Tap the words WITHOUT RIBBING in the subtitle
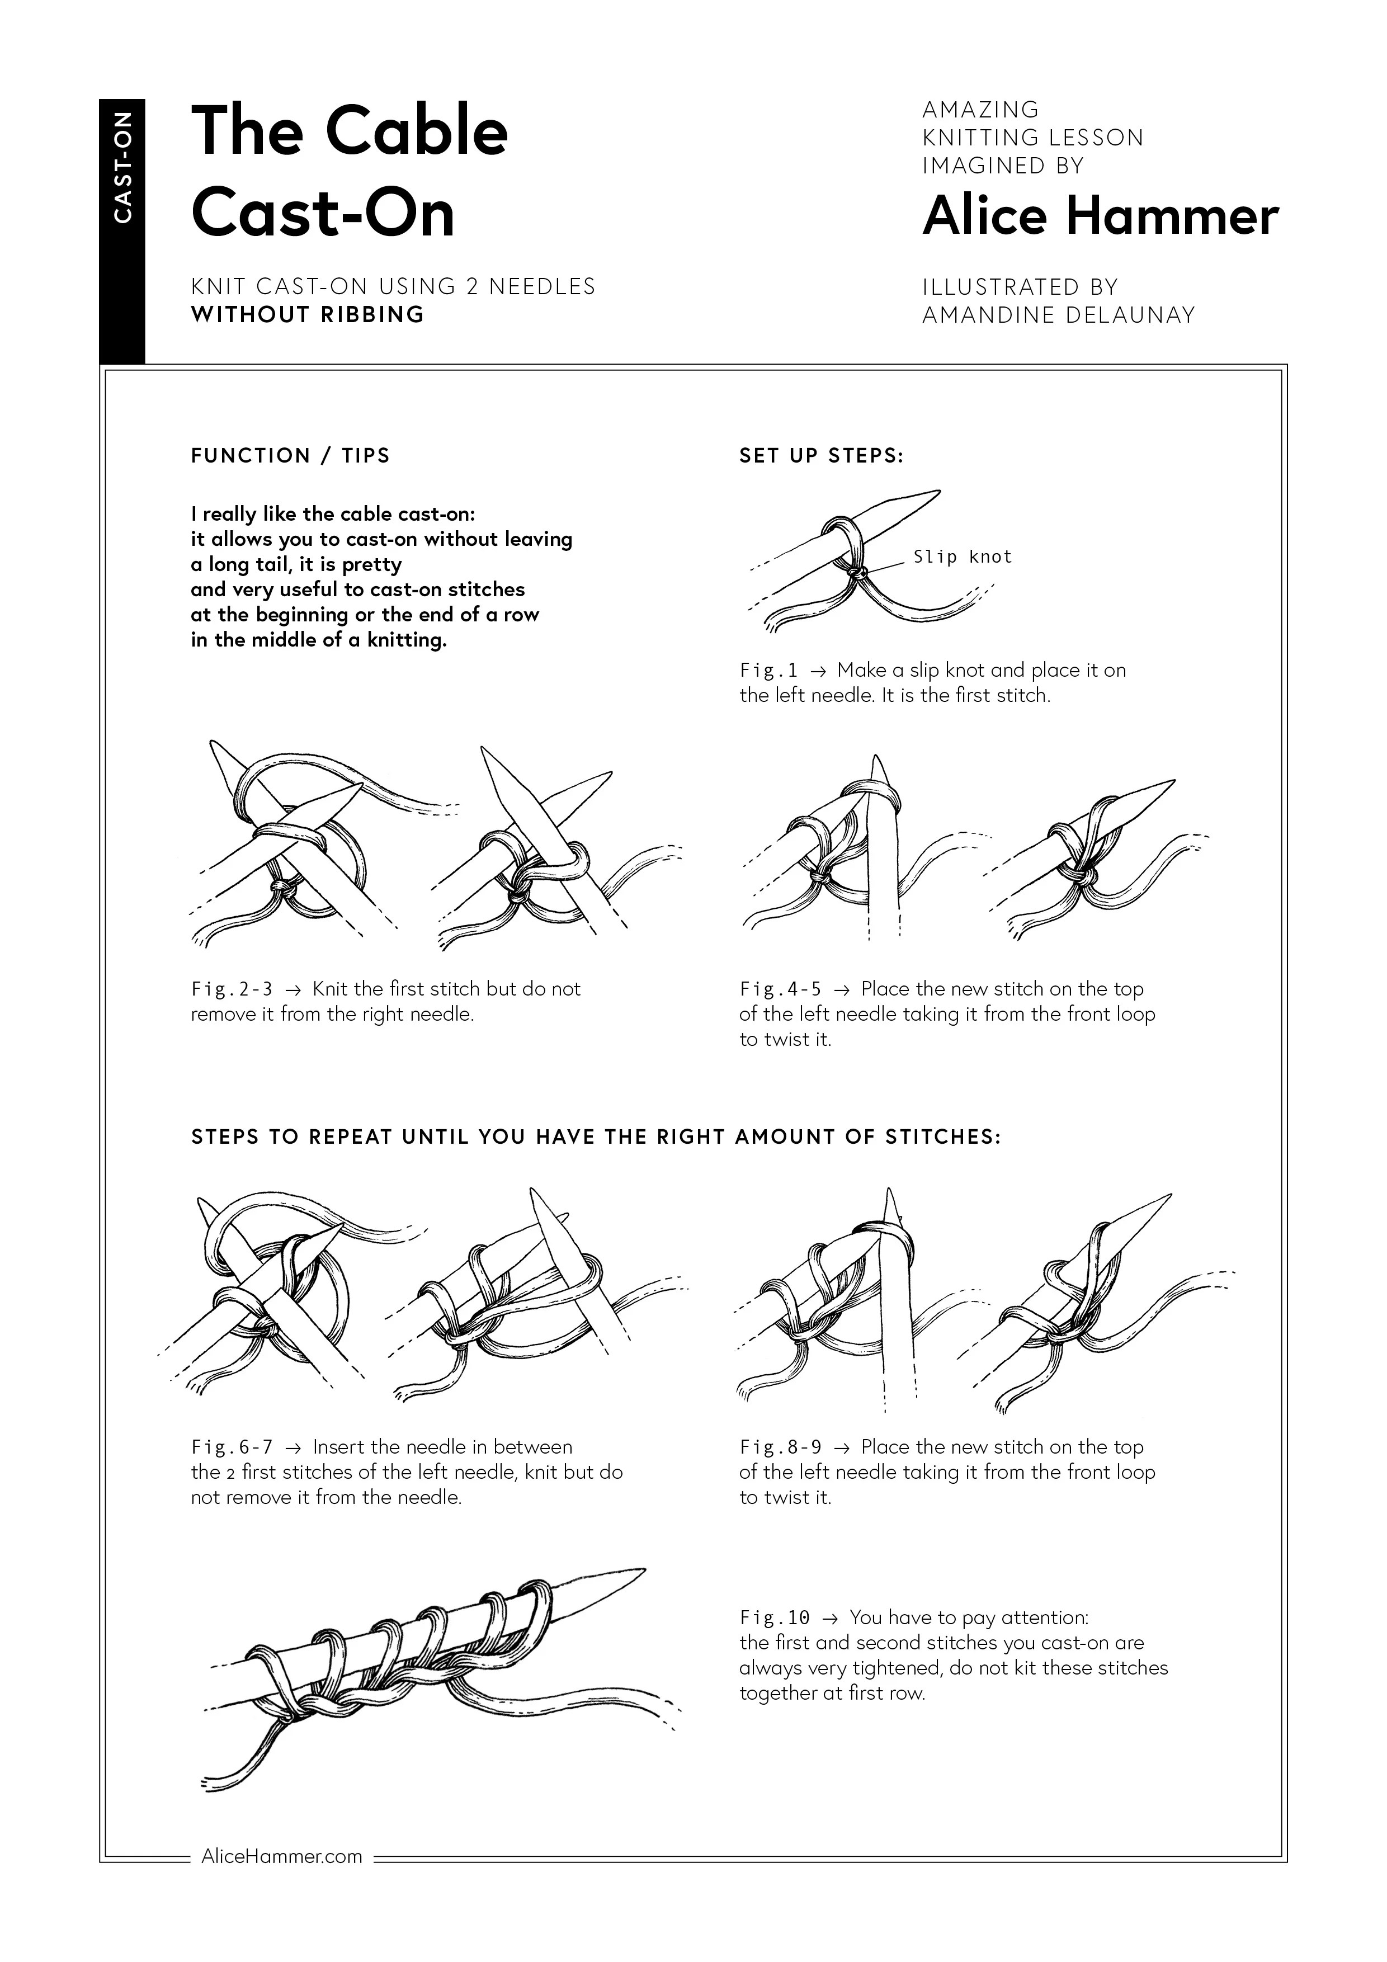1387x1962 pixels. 308,314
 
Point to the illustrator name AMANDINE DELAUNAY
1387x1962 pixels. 1058,315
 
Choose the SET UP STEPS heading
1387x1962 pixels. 821,455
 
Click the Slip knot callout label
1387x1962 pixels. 963,557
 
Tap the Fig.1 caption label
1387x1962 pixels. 767,671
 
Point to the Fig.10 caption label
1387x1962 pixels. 774,1617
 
